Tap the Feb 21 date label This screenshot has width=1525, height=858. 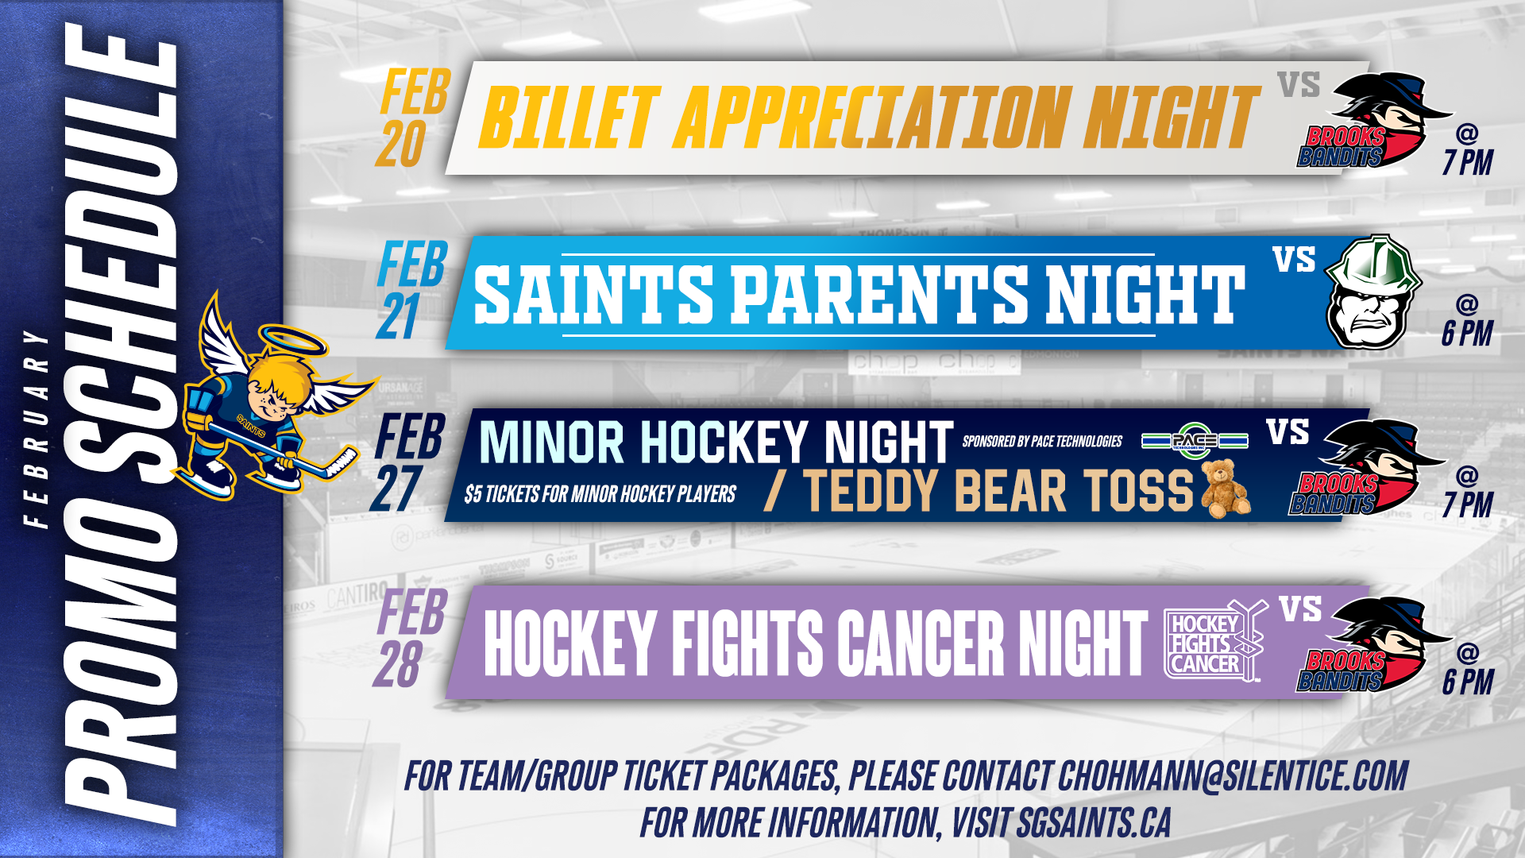pos(411,290)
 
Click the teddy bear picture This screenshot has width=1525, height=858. pos(1226,489)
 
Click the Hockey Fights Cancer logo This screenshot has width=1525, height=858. pos(1214,641)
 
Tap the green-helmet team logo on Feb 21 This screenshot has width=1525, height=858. pos(1372,292)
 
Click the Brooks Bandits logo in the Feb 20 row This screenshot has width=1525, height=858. pos(1372,122)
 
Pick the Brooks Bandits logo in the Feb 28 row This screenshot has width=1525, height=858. pos(1372,645)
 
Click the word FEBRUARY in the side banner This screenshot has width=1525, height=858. pos(37,429)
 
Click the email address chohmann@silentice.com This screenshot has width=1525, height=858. pos(1233,776)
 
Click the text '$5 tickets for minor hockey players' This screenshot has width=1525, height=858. pos(600,494)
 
